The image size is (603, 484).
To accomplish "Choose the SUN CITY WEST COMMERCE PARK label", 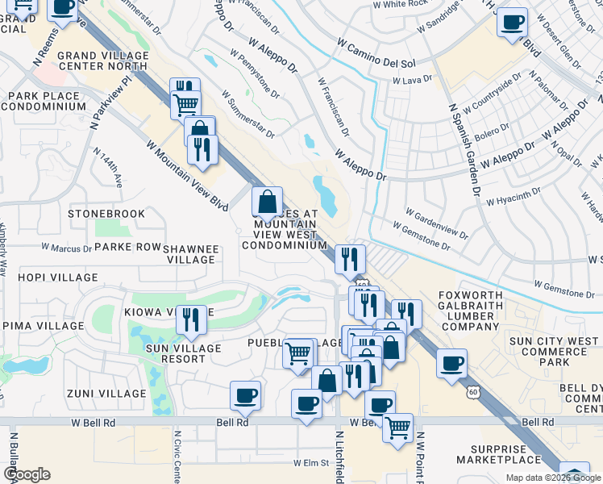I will (554, 352).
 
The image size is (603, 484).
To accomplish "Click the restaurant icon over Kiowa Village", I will (191, 319).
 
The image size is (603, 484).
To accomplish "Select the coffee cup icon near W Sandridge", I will (512, 22).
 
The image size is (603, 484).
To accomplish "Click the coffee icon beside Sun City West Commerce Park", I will (452, 362).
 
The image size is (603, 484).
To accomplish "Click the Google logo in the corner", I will (27, 474).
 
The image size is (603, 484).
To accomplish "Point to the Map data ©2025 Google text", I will (553, 478).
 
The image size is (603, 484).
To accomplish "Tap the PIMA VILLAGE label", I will (40, 325).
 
